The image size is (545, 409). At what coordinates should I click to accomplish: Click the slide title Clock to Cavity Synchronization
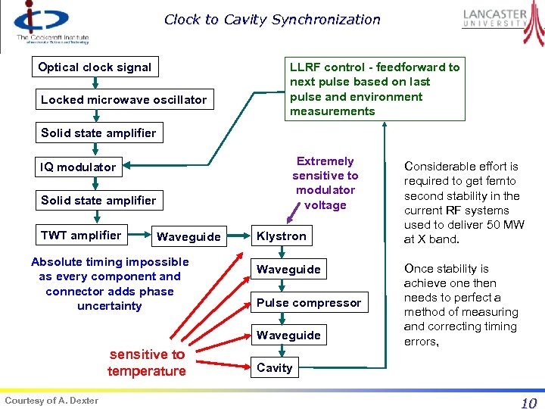pos(272,20)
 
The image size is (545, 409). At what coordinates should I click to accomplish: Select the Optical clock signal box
pos(95,67)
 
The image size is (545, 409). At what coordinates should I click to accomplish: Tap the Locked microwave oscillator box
pos(123,99)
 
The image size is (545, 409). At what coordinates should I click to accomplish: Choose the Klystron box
pos(282,236)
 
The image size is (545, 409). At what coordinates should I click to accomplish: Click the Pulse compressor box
pos(309,302)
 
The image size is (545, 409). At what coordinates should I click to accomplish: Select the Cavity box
pos(274,368)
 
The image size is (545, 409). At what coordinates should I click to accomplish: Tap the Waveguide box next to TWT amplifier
pos(188,236)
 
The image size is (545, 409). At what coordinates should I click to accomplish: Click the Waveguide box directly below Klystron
pos(288,269)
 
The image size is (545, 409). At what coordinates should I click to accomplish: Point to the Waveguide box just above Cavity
pos(288,335)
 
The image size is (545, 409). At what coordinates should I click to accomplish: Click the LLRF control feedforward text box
pos(375,89)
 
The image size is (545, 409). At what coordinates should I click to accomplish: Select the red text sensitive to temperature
pos(147,362)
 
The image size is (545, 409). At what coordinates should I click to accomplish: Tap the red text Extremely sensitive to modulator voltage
pos(325,183)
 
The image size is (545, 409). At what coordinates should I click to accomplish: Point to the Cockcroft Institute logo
pos(49,23)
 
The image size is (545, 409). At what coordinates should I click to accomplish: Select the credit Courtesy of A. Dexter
pos(51,400)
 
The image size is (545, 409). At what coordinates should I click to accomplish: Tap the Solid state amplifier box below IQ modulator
pos(98,200)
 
